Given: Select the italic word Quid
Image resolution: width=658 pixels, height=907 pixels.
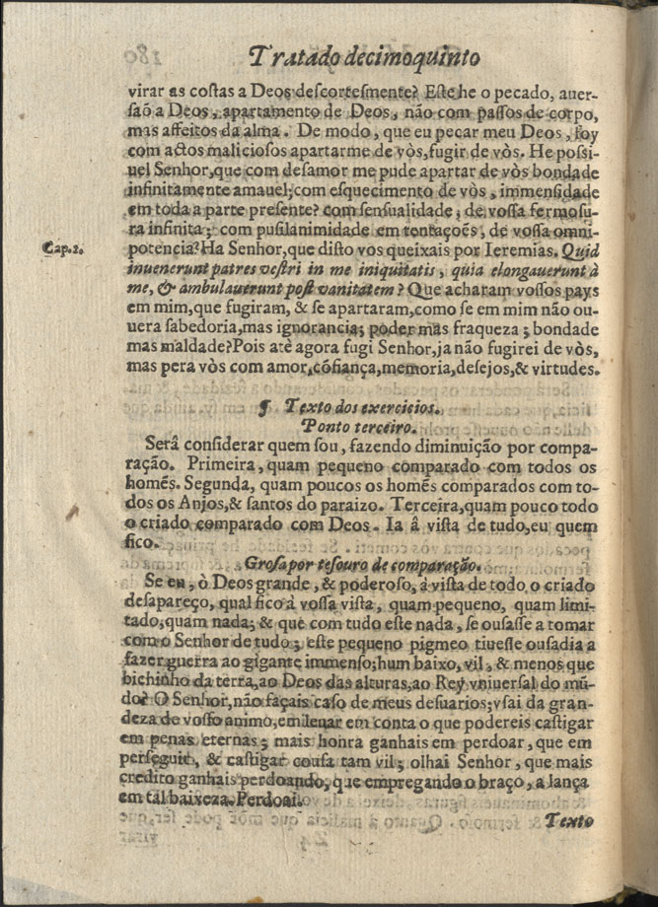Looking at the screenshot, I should tap(584, 250).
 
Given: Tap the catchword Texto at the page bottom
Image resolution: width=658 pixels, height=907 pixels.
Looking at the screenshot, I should tap(570, 820).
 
